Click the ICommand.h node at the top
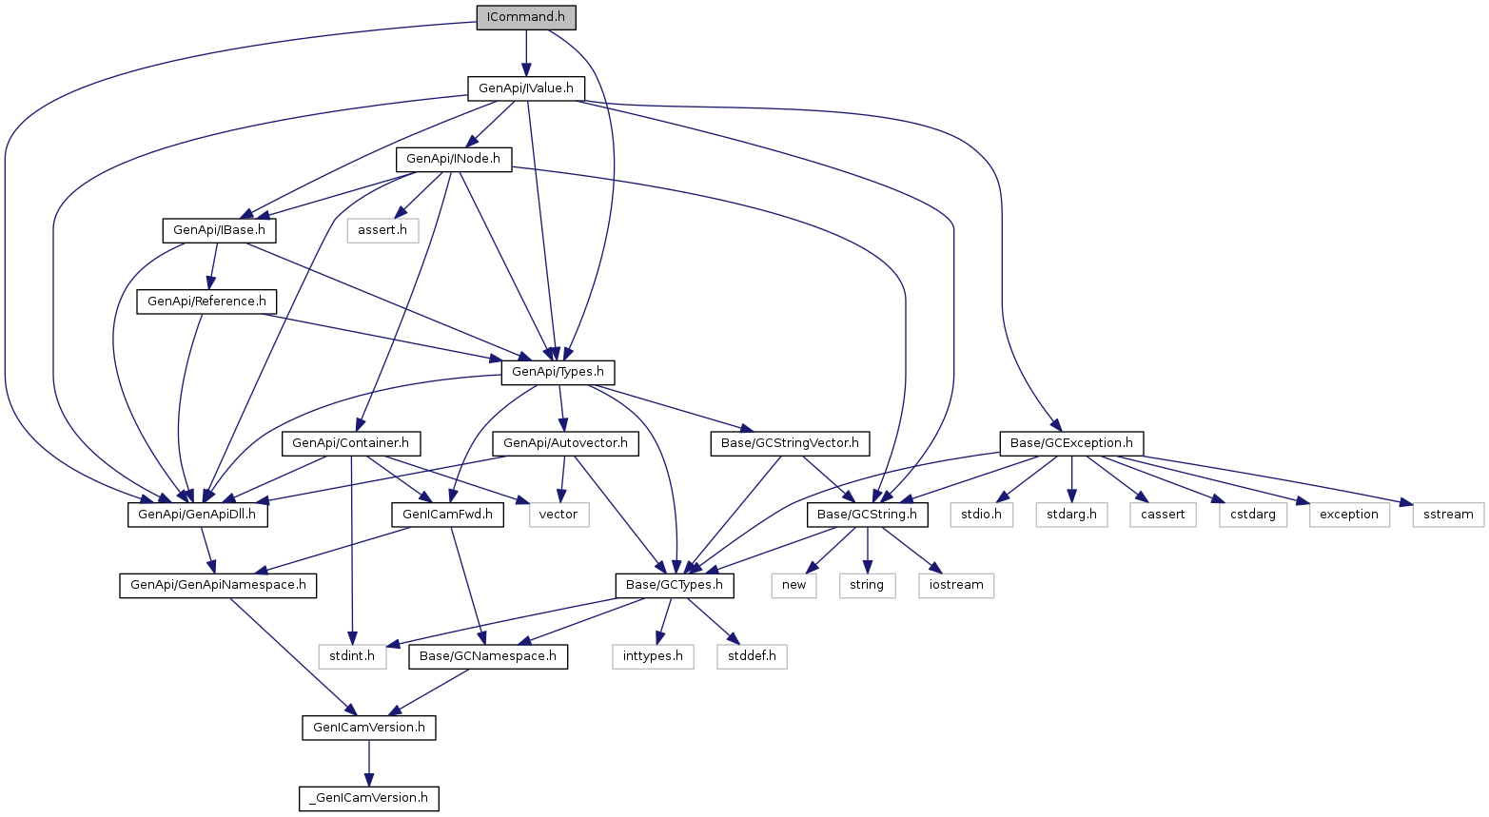526,17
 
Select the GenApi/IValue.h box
526,88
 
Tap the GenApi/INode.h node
453,160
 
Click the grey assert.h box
382,231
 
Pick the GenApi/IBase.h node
220,231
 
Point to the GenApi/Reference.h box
206,302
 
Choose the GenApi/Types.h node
558,372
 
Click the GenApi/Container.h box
350,443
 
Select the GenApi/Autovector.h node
566,443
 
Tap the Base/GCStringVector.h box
790,443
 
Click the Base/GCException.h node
1071,443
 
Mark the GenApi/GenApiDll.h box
198,515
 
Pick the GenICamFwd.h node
447,515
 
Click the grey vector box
558,515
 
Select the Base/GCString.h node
867,515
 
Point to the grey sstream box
1448,515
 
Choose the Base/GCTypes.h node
675,586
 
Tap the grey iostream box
956,586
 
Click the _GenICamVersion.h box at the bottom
369,798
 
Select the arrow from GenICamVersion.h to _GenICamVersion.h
369,763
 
